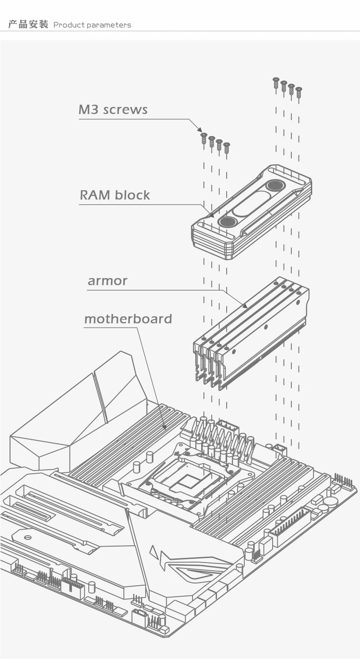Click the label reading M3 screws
[x=113, y=110]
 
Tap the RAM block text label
[x=115, y=195]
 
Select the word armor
[x=107, y=281]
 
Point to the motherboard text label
[x=128, y=319]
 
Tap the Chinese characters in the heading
[x=28, y=25]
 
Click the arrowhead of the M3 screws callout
[x=200, y=131]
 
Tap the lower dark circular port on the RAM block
[x=227, y=222]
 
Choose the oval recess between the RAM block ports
[x=250, y=204]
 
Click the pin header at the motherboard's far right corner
[x=345, y=481]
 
